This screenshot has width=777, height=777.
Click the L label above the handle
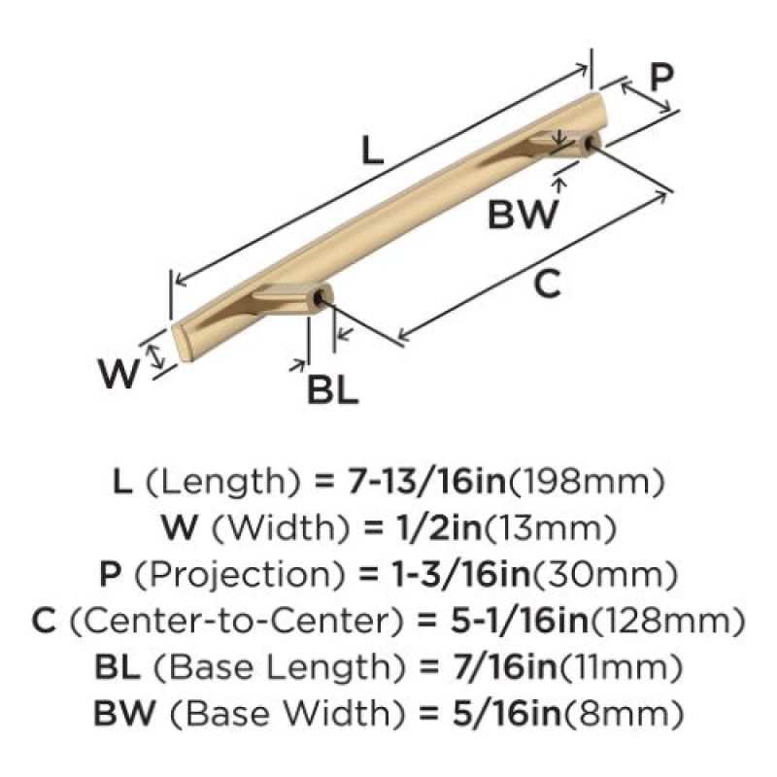(373, 151)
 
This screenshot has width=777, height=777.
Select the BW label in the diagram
(523, 215)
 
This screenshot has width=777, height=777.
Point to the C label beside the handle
(548, 284)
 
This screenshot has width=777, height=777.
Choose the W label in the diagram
(118, 374)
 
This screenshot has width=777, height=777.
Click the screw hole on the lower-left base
(320, 299)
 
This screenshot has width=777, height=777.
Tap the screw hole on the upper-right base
(589, 143)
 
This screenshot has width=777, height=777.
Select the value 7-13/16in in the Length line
(426, 482)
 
